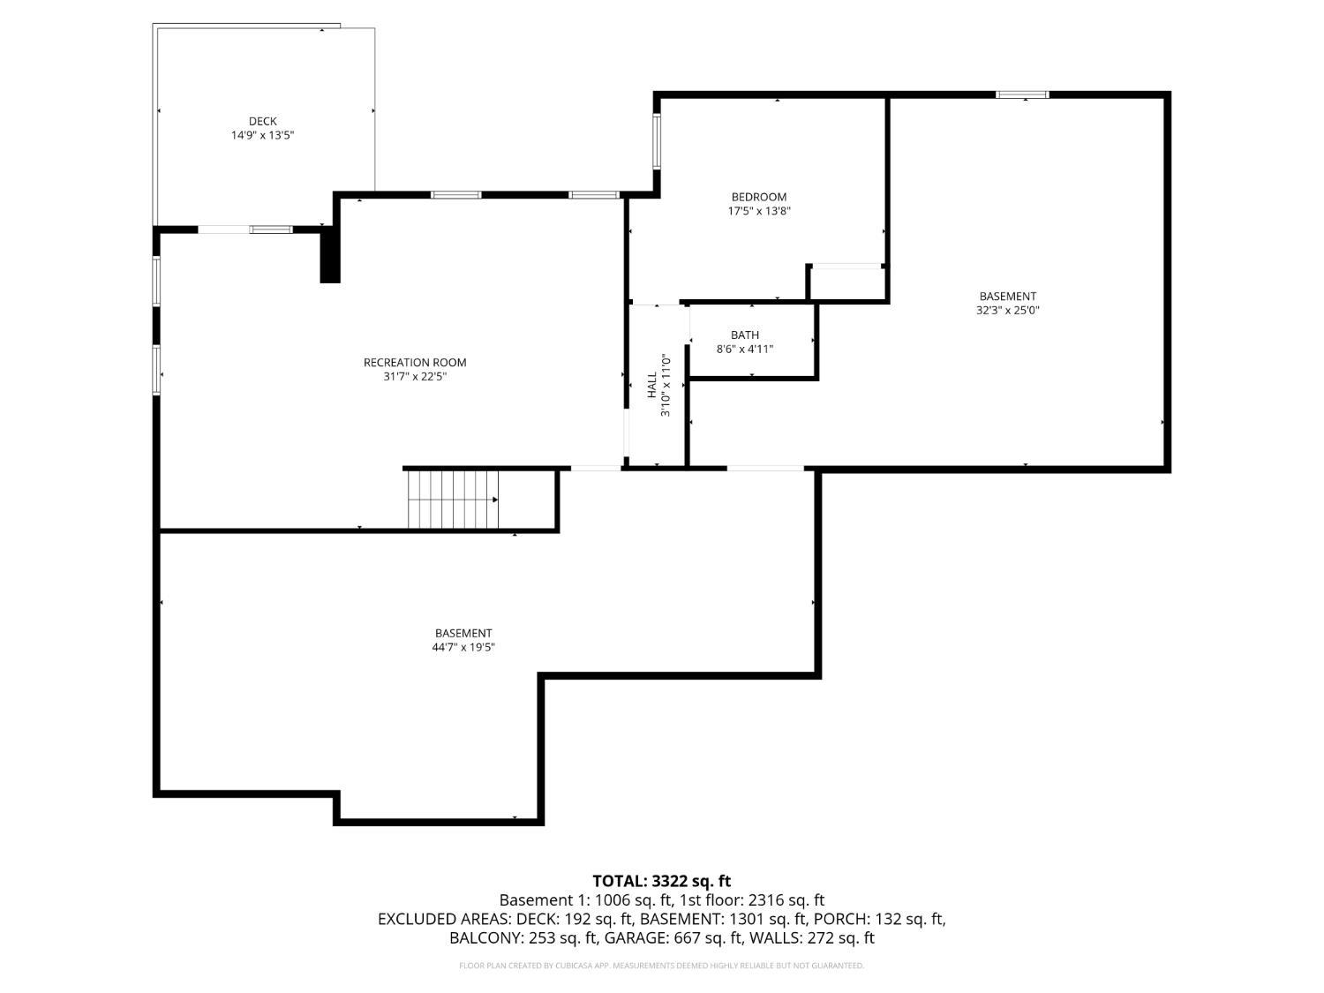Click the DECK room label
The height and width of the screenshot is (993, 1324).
click(262, 122)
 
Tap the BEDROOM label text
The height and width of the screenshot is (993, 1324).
click(758, 197)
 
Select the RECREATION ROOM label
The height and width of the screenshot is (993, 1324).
click(415, 363)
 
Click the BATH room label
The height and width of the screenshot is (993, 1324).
click(745, 335)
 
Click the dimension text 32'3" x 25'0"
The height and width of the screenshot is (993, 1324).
click(1007, 311)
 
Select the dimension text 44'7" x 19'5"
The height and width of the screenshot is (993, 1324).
click(463, 647)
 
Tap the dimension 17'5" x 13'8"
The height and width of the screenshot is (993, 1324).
click(758, 211)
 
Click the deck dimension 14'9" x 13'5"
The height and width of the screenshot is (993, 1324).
click(262, 136)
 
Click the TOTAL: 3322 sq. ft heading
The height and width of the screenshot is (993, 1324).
click(661, 881)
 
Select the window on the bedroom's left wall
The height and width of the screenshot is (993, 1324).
click(657, 141)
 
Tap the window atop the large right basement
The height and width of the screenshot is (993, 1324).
click(1022, 94)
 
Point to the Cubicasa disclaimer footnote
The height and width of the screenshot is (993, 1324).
click(661, 966)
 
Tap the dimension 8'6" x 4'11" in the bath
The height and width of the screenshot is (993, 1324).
click(745, 350)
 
